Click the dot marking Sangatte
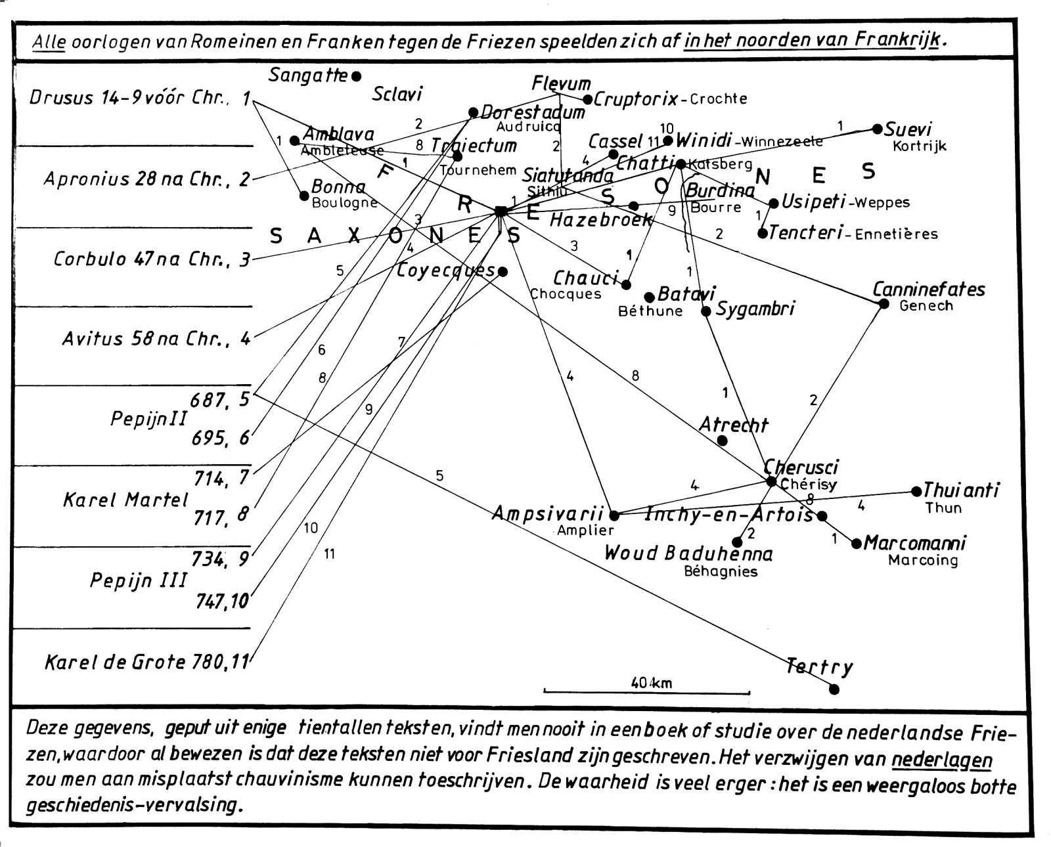tap(357, 76)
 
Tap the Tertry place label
tap(820, 668)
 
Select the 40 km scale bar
tap(646, 691)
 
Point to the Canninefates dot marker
tap(883, 303)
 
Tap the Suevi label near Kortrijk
tap(908, 129)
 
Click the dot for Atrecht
tap(723, 441)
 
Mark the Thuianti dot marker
tap(916, 491)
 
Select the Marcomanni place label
tap(914, 544)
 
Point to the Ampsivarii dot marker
tap(614, 515)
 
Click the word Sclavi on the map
tap(397, 94)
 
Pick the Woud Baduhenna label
tap(688, 554)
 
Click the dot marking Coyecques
tap(503, 271)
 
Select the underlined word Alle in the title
tap(49, 41)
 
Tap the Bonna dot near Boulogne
tap(303, 196)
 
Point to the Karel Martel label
tap(125, 500)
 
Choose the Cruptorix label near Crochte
tap(636, 99)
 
